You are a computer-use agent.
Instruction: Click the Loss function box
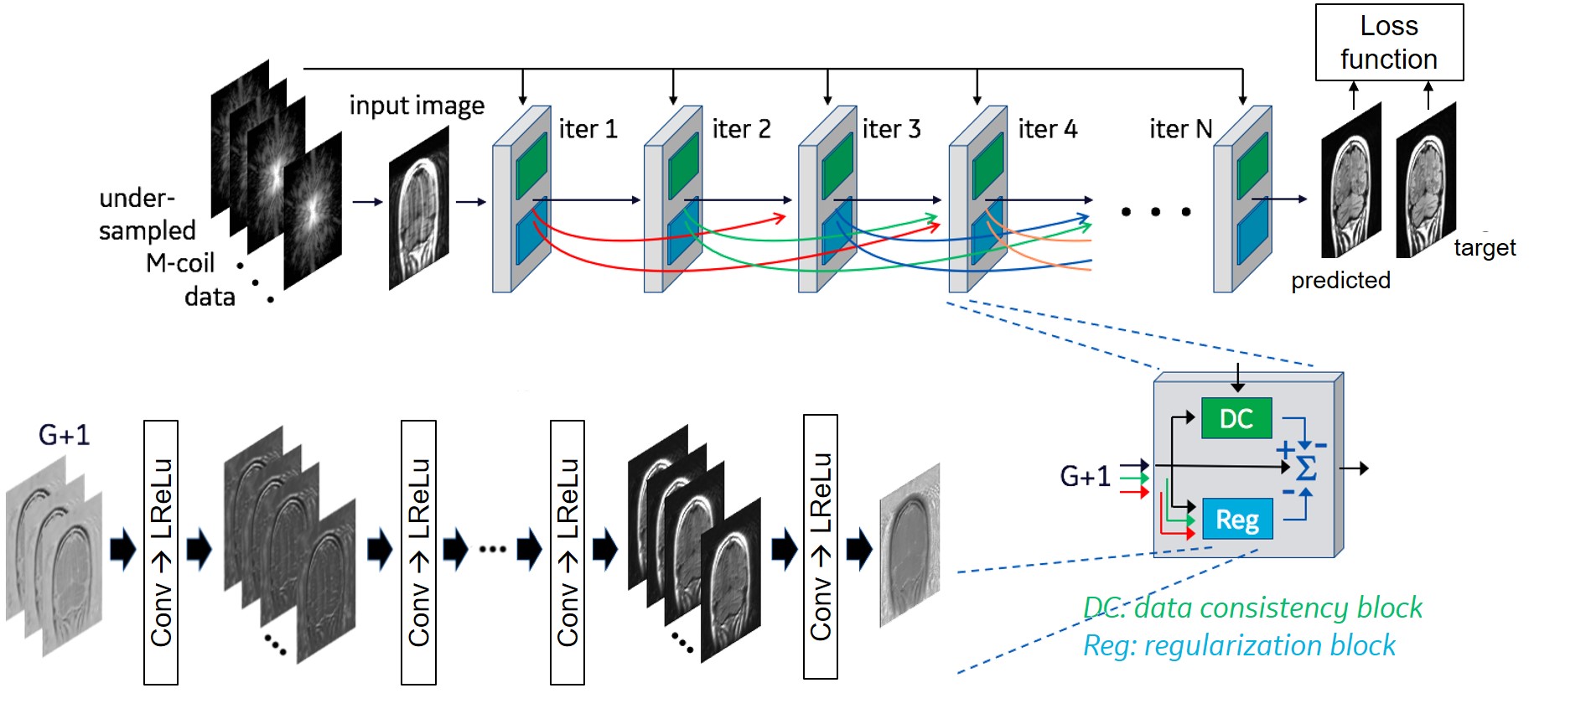point(1389,43)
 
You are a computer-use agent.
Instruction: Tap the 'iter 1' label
point(588,129)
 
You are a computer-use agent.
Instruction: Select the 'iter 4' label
point(1047,129)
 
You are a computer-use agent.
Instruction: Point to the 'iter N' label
point(1180,129)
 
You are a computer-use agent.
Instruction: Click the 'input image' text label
point(417,106)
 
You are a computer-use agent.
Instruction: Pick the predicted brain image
point(1350,181)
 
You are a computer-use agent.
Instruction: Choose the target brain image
point(1425,179)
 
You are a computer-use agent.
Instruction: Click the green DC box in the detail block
point(1236,418)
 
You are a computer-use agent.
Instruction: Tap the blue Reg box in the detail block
point(1237,520)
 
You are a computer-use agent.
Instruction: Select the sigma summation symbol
point(1306,468)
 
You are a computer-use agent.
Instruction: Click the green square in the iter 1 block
point(531,166)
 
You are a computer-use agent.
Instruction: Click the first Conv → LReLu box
point(161,552)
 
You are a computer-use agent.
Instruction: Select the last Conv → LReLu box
point(820,546)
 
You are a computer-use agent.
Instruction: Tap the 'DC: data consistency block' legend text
point(1252,608)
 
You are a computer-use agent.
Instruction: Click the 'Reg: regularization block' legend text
point(1239,645)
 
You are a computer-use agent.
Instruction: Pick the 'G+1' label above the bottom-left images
point(64,435)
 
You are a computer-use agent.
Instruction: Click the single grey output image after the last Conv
point(910,545)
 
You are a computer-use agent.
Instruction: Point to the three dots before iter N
point(1156,212)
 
